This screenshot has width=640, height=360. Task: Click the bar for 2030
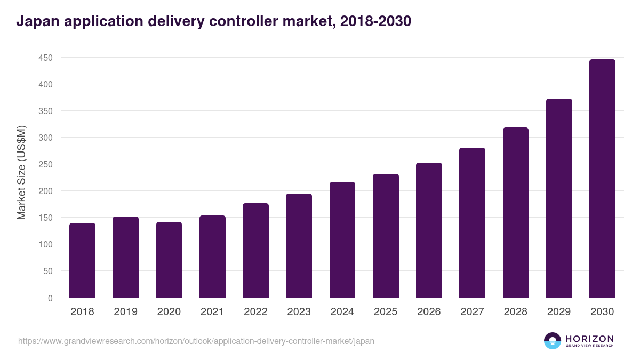[x=602, y=179]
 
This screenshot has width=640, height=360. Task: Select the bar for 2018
[x=82, y=260]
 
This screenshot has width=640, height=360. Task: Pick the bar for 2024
[x=342, y=240]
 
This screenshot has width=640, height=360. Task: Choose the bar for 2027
[x=472, y=223]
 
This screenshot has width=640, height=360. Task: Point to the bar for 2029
[x=559, y=198]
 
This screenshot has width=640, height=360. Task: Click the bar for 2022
[x=255, y=251]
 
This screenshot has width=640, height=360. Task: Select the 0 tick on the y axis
[x=50, y=298]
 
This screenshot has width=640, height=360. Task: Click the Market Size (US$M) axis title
[x=22, y=173]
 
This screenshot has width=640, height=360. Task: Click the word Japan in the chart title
[x=35, y=22]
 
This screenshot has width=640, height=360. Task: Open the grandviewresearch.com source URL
[x=196, y=341]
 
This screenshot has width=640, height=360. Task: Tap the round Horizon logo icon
[x=553, y=341]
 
